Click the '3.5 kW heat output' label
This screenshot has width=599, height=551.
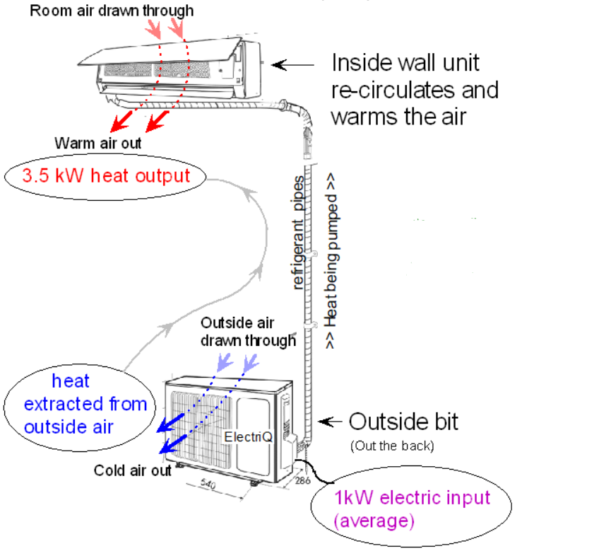coord(106,176)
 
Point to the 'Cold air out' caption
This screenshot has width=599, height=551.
coord(133,470)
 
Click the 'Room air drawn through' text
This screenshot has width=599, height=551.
coord(112,11)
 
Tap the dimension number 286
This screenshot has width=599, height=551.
coord(302,481)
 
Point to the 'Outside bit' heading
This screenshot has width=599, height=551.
coord(403,422)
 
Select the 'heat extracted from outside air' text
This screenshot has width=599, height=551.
coord(85,404)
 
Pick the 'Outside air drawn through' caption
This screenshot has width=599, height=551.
coord(247,332)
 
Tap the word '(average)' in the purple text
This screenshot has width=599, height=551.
coord(373,521)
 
